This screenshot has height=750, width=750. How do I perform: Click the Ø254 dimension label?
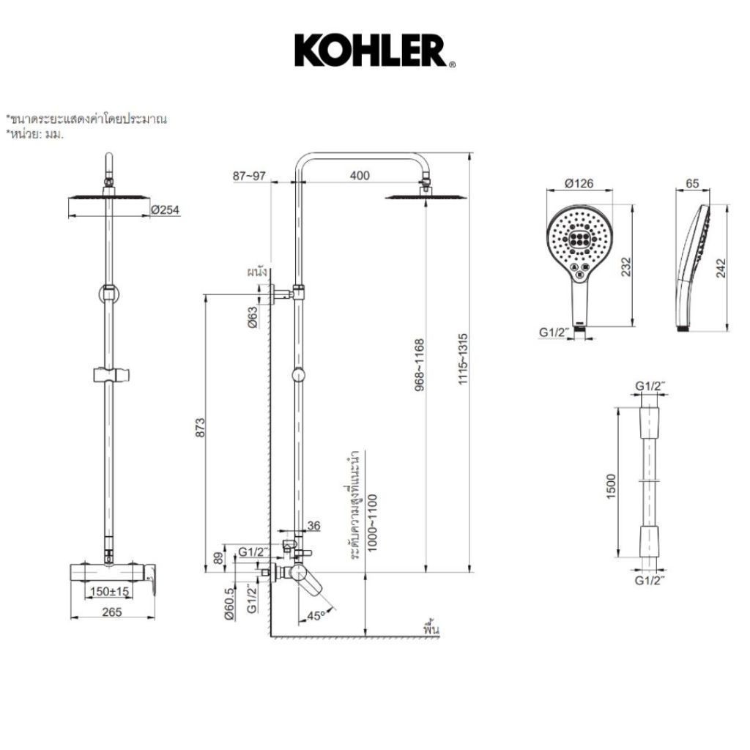pyautogui.click(x=165, y=209)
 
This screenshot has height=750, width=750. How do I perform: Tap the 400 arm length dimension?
pyautogui.click(x=360, y=176)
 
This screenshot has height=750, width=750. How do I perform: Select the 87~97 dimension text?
pyautogui.click(x=249, y=176)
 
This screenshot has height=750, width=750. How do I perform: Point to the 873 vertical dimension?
pyautogui.click(x=200, y=427)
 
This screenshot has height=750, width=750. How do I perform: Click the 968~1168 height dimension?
pyautogui.click(x=420, y=365)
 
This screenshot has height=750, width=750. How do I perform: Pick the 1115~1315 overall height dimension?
pyautogui.click(x=463, y=359)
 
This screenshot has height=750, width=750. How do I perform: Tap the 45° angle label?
pyautogui.click(x=315, y=615)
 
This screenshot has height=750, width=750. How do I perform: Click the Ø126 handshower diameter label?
pyautogui.click(x=579, y=183)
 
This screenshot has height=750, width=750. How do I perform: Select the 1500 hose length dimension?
pyautogui.click(x=612, y=486)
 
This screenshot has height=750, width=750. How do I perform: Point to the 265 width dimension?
pyautogui.click(x=112, y=612)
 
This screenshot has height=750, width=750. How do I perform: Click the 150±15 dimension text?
pyautogui.click(x=110, y=591)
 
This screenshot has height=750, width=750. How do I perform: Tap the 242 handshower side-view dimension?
pyautogui.click(x=721, y=268)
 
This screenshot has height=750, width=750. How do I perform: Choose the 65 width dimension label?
pyautogui.click(x=692, y=183)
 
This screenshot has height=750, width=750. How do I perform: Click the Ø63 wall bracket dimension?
pyautogui.click(x=252, y=317)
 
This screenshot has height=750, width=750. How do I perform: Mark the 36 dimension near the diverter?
pyautogui.click(x=313, y=526)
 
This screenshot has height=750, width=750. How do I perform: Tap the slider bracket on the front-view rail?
pyautogui.click(x=112, y=374)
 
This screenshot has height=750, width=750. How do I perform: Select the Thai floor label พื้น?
pyautogui.click(x=431, y=628)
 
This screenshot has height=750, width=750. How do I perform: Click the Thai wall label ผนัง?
pyautogui.click(x=257, y=272)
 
